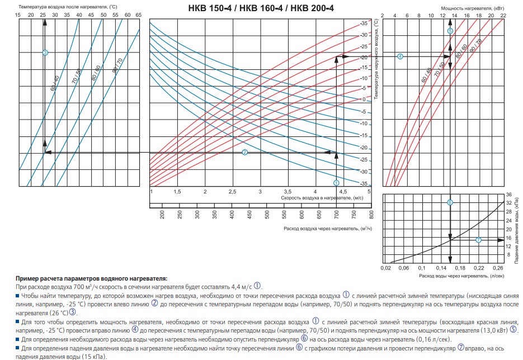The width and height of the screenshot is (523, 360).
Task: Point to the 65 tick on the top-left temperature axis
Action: [138, 15]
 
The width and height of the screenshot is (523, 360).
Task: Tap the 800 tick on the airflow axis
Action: [371, 214]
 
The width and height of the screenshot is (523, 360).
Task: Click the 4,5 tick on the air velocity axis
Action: [342, 192]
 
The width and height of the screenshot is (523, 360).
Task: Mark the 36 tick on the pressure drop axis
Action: [508, 195]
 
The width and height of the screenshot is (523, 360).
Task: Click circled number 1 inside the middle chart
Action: [336, 183]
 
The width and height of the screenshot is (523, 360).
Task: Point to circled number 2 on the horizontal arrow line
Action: [244, 153]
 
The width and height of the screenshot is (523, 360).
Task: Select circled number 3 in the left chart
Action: [45, 53]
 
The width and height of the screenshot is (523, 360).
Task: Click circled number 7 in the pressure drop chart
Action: [478, 240]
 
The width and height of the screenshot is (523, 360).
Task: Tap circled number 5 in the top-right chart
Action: [450, 31]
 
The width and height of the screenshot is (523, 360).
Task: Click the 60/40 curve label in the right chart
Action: [426, 75]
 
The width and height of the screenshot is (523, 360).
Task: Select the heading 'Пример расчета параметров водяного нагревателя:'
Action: [92, 278]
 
